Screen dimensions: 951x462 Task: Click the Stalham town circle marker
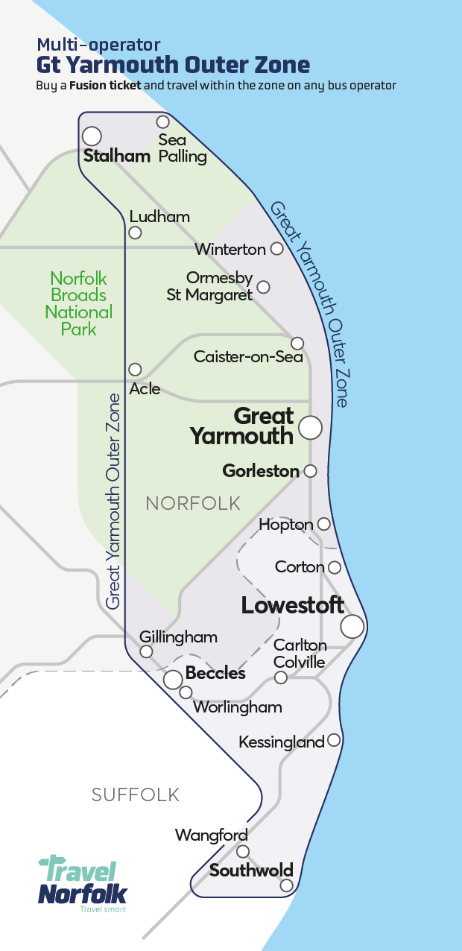tap(92, 136)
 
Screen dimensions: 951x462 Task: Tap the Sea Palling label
tap(182, 148)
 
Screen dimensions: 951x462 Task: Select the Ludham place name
tap(159, 216)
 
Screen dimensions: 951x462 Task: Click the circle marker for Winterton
tap(276, 248)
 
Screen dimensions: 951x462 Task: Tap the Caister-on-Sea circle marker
tap(297, 343)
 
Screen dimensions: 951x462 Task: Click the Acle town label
tap(145, 388)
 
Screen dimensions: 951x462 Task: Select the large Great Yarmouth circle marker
tap(310, 427)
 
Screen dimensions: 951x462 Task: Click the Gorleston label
tap(261, 471)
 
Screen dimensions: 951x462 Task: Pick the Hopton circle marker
tap(323, 524)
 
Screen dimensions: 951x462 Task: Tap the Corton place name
tap(300, 567)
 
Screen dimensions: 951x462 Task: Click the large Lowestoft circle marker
tap(352, 627)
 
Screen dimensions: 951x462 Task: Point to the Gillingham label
tap(179, 636)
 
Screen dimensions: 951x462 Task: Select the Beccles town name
tap(215, 673)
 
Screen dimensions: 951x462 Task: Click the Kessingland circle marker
tap(334, 740)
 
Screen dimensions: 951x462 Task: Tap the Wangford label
tap(211, 835)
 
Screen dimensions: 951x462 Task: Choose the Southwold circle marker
tap(287, 885)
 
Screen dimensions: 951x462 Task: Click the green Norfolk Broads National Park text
tap(79, 303)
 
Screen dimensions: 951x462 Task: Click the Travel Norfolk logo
tap(83, 884)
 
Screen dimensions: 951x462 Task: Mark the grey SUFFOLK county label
tap(136, 794)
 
